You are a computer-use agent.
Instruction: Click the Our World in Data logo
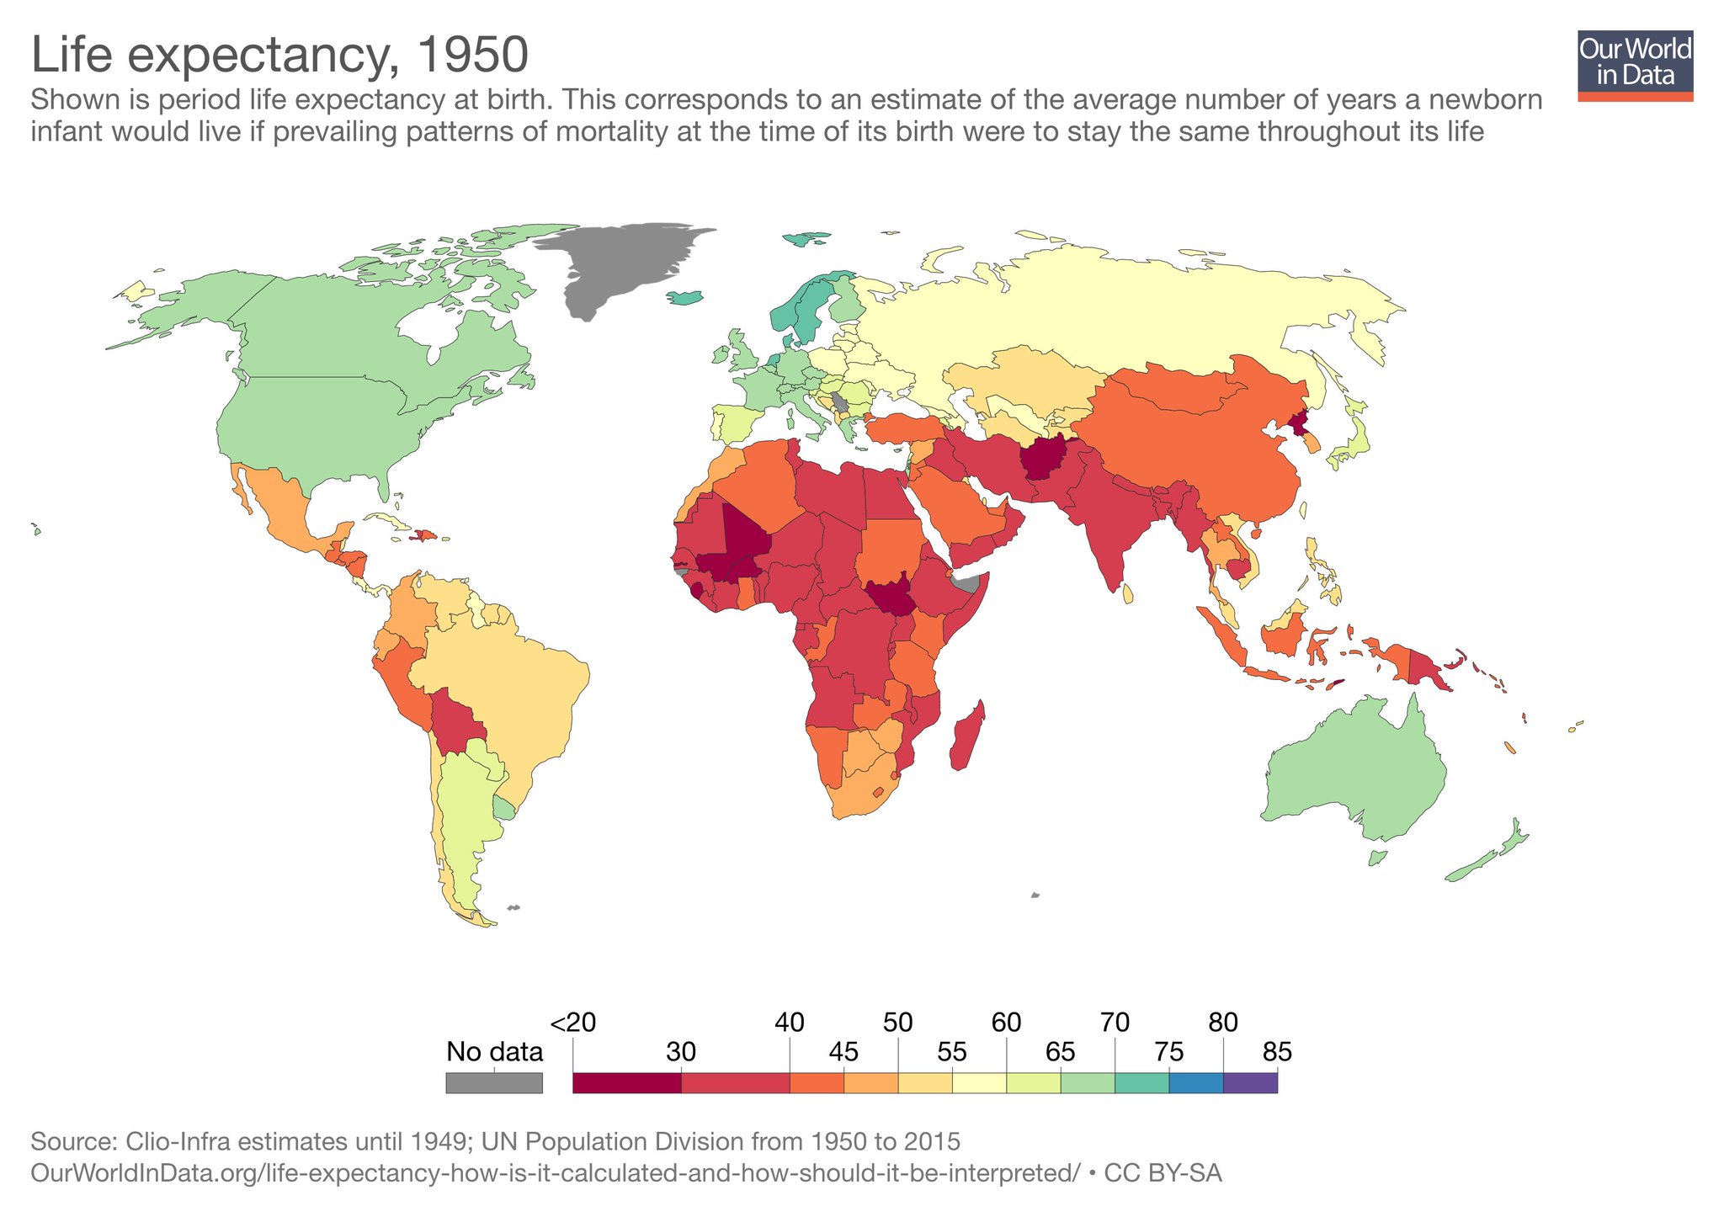[x=1635, y=66]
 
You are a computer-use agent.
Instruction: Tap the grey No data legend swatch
[x=494, y=1082]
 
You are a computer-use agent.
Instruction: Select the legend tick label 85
[x=1277, y=1052]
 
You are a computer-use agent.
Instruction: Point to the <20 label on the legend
[x=573, y=1023]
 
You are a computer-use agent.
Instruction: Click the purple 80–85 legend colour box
[x=1250, y=1082]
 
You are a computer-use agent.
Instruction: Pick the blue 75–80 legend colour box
[x=1196, y=1082]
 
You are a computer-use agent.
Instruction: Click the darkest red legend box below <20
[x=626, y=1082]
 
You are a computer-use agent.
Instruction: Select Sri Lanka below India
[x=1128, y=594]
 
